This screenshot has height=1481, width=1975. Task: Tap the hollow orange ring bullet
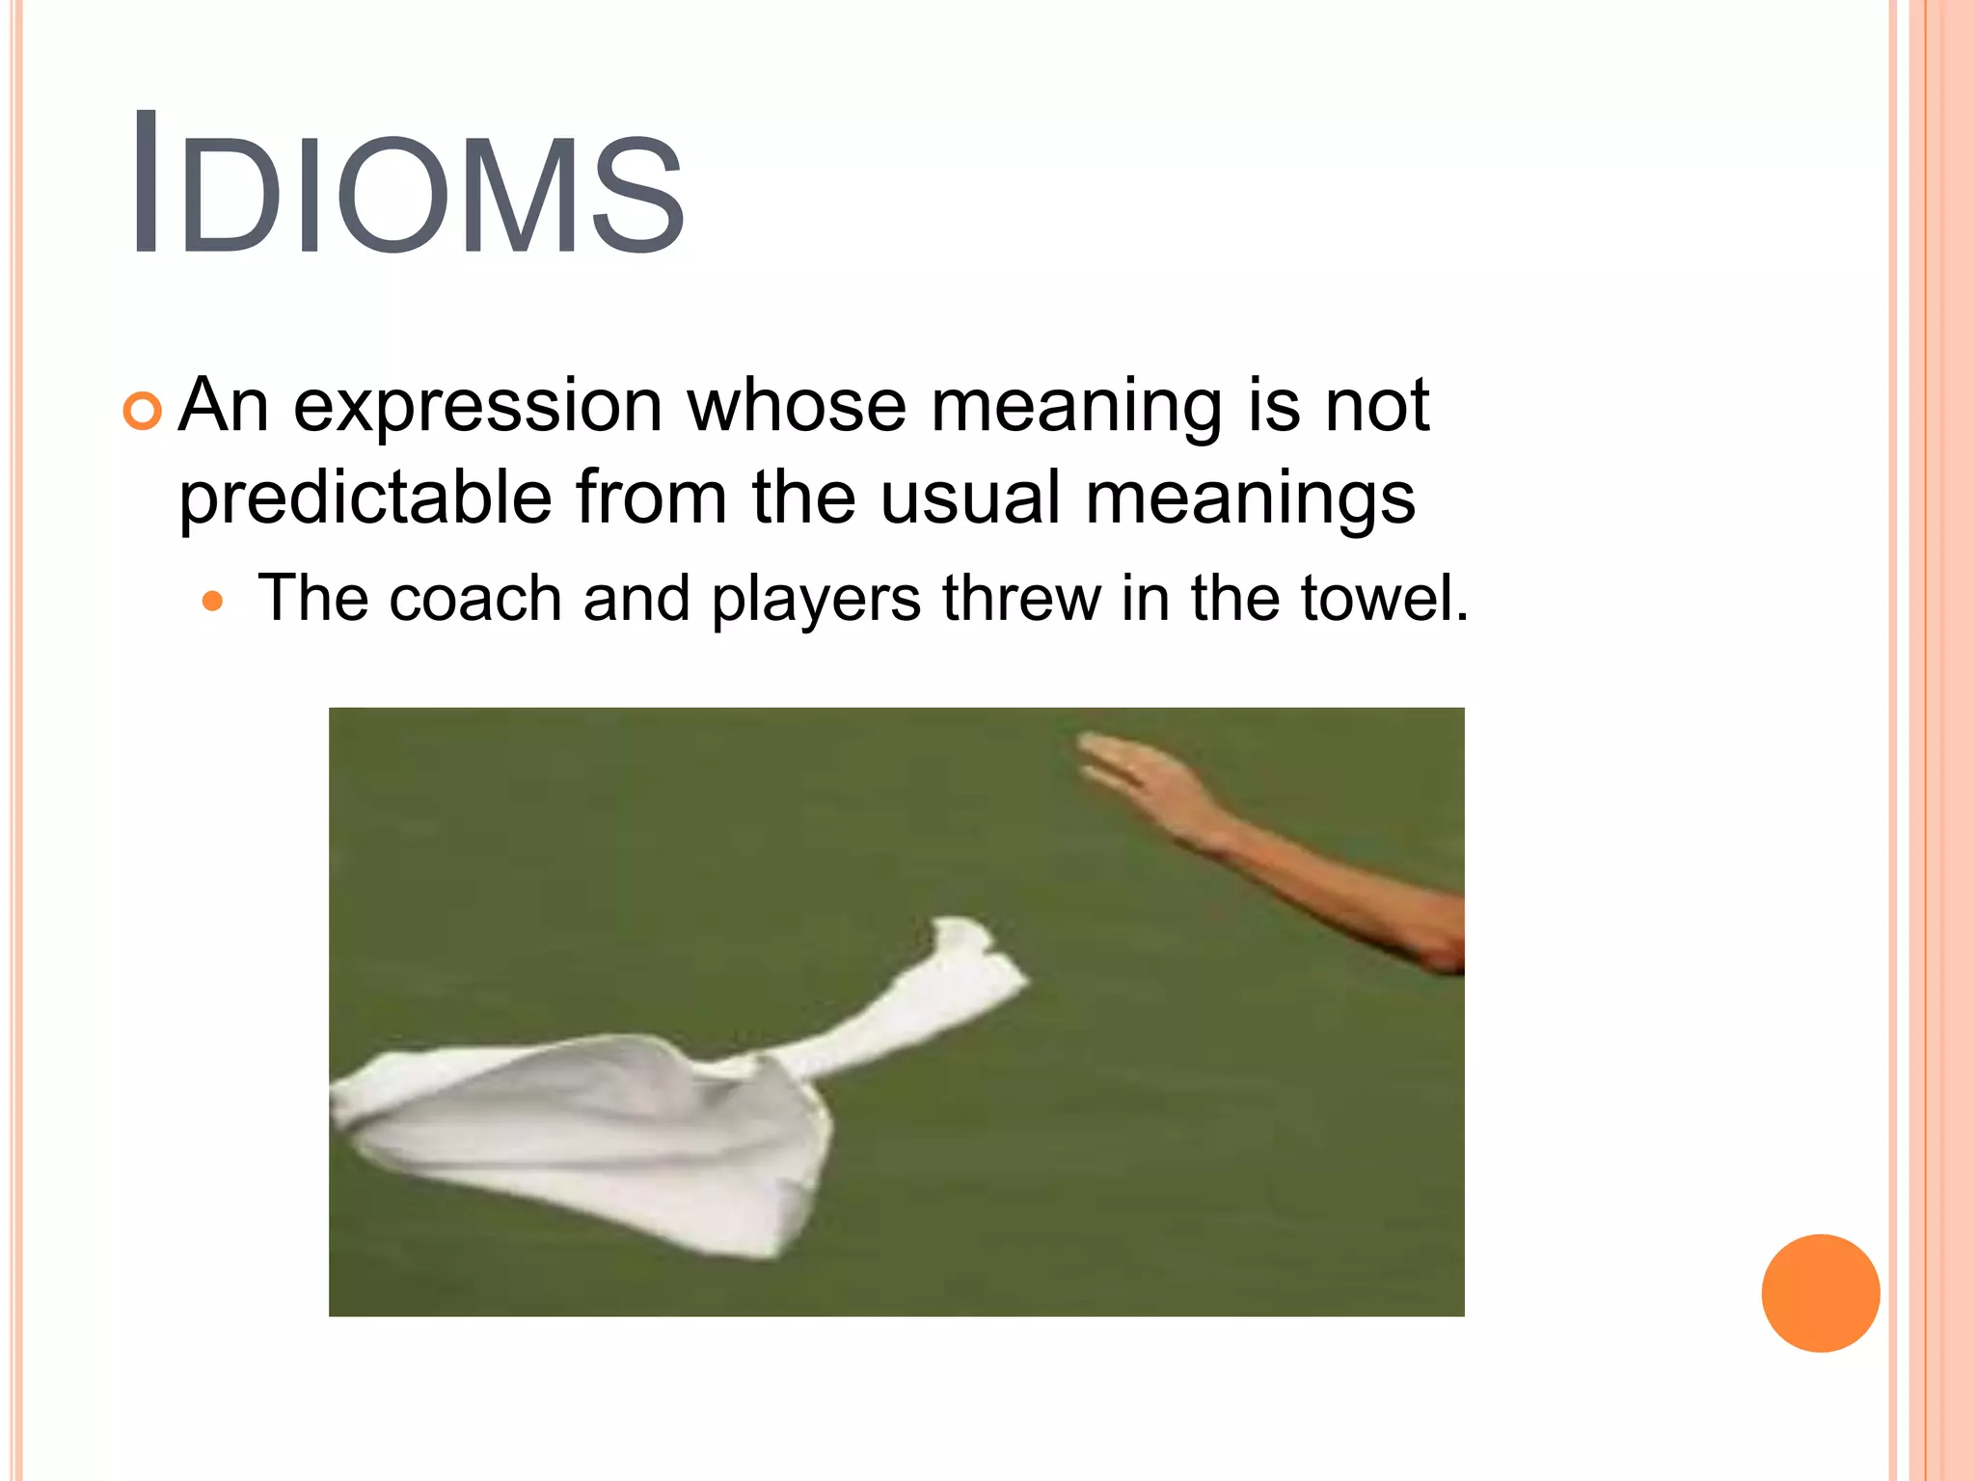pyautogui.click(x=143, y=412)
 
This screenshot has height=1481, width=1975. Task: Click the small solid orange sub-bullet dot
pyautogui.click(x=213, y=604)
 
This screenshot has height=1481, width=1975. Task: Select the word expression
pyautogui.click(x=477, y=406)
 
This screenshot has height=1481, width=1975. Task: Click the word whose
pyautogui.click(x=797, y=406)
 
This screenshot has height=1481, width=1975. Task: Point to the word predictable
pyautogui.click(x=365, y=498)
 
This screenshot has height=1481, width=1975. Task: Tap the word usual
pyautogui.click(x=970, y=498)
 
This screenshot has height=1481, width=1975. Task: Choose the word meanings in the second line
pyautogui.click(x=1250, y=499)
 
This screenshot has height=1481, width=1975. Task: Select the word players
pyautogui.click(x=816, y=600)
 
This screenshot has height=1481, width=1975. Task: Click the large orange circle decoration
pyautogui.click(x=1820, y=1293)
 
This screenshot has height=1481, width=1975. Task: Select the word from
pyautogui.click(x=651, y=498)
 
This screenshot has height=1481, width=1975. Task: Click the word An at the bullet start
pyautogui.click(x=224, y=406)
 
